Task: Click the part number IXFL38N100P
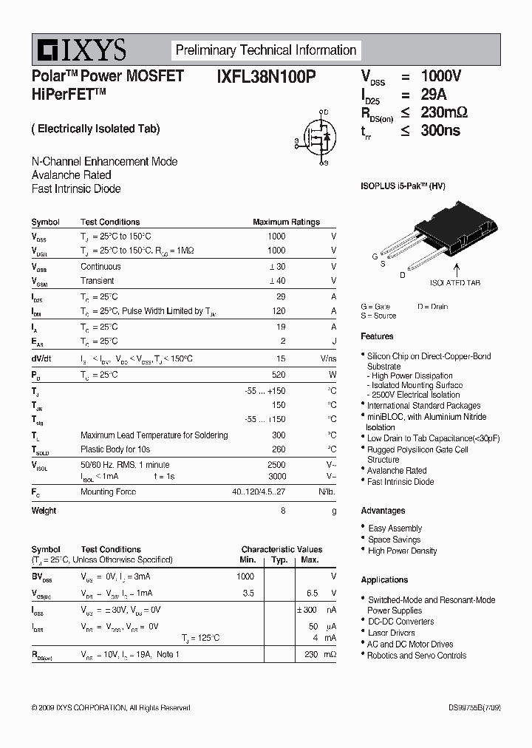pyautogui.click(x=267, y=76)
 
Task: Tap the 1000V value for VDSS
pyautogui.click(x=440, y=76)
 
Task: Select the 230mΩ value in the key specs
pyautogui.click(x=444, y=112)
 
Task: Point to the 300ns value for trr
pyautogui.click(x=440, y=130)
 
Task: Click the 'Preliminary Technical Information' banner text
pyautogui.click(x=266, y=50)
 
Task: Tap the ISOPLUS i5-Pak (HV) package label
pyautogui.click(x=403, y=186)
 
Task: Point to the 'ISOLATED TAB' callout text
pyautogui.click(x=455, y=283)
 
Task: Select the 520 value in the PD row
pyautogui.click(x=278, y=375)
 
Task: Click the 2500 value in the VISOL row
pyautogui.click(x=276, y=464)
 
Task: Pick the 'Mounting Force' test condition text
pyautogui.click(x=107, y=492)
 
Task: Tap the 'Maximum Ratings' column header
pyautogui.click(x=286, y=222)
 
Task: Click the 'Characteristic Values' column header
pyautogui.click(x=282, y=549)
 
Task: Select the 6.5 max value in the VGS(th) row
pyautogui.click(x=312, y=594)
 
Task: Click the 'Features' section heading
pyautogui.click(x=377, y=336)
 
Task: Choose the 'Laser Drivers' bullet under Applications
pyautogui.click(x=391, y=633)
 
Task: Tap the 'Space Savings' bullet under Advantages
pyautogui.click(x=394, y=540)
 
